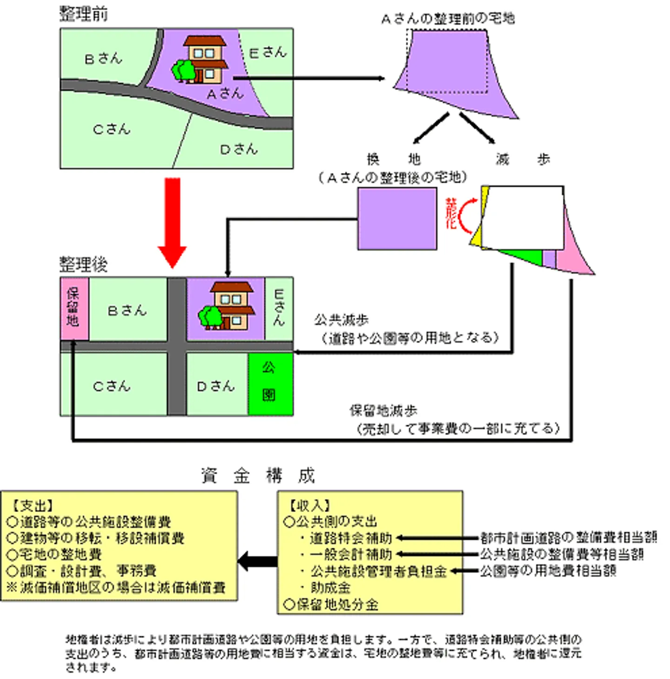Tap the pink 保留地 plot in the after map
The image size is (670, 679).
[74, 308]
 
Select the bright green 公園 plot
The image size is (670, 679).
[270, 383]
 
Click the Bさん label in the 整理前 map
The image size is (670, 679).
[103, 59]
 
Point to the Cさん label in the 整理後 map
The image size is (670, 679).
[112, 386]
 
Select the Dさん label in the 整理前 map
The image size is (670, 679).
[238, 149]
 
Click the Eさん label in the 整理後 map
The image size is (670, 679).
[279, 307]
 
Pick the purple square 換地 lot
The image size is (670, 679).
[397, 219]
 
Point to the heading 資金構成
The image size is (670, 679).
[258, 476]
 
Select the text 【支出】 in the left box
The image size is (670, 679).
[32, 506]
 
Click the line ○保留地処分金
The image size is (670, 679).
[331, 605]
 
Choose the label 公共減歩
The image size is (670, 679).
[341, 320]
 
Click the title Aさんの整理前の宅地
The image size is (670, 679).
[448, 19]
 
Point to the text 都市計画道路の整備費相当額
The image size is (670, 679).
[568, 538]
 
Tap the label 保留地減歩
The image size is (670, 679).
[383, 411]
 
